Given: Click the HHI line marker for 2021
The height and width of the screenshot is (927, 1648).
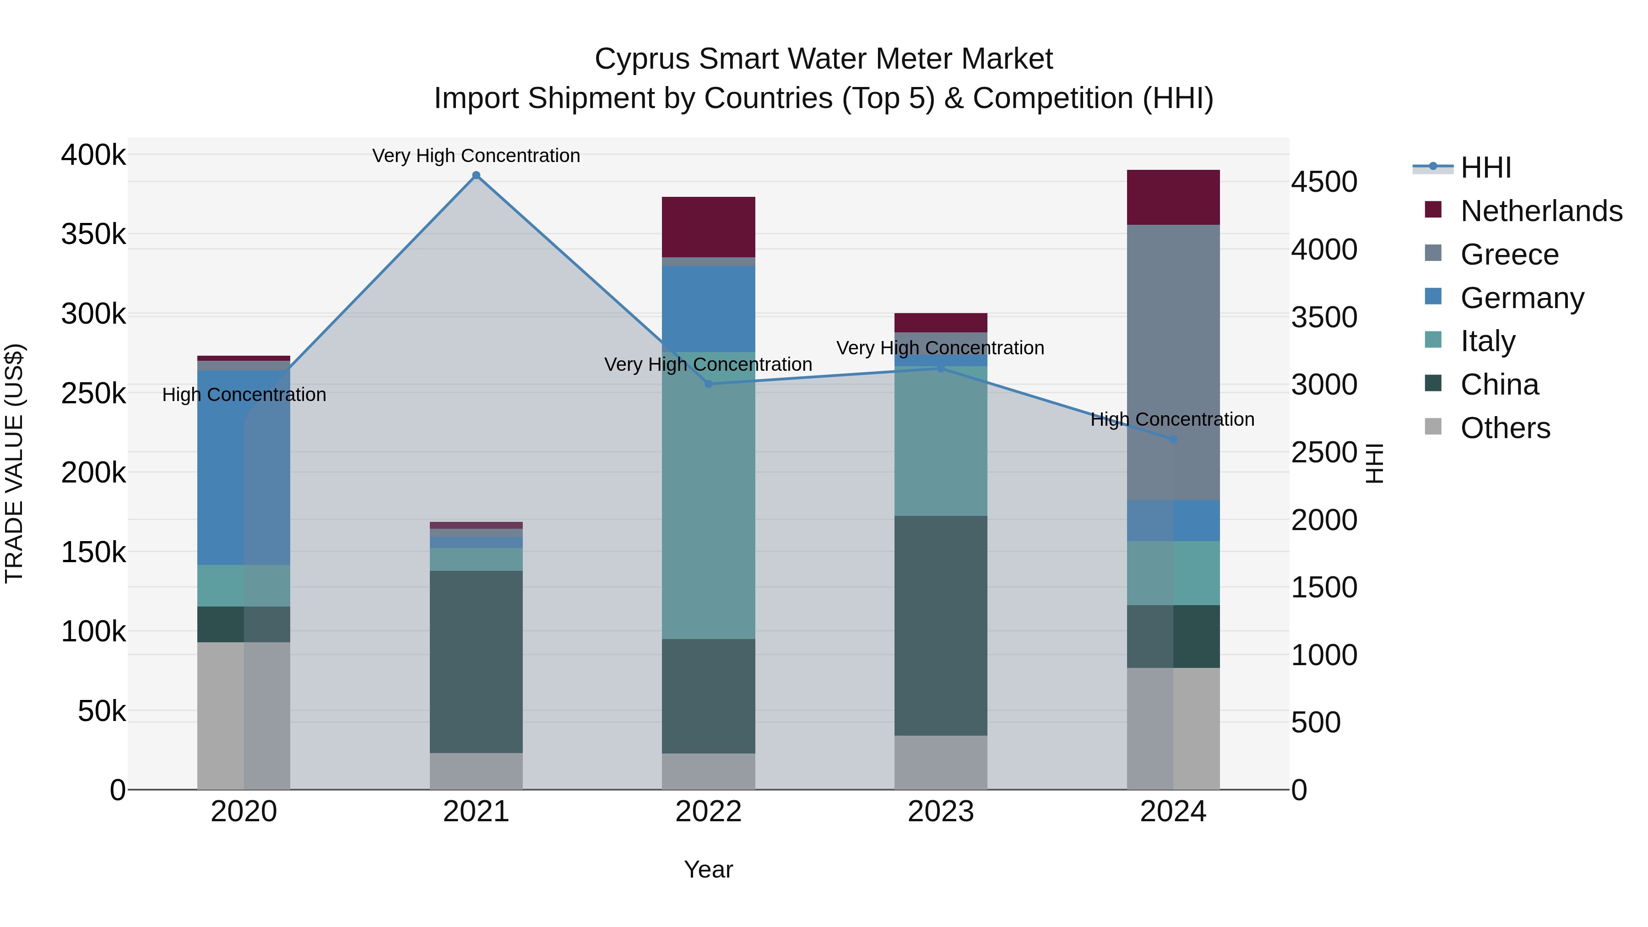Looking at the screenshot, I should click(476, 175).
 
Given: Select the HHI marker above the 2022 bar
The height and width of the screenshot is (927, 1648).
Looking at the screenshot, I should click(708, 384).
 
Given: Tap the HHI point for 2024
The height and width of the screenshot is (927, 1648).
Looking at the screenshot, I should click(1173, 439).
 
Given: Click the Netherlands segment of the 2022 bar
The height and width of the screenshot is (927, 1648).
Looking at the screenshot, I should click(708, 227).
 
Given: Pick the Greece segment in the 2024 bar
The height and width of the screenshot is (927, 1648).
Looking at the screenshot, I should click(1173, 362).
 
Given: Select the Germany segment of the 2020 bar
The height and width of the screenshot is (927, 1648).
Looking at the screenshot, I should click(243, 467).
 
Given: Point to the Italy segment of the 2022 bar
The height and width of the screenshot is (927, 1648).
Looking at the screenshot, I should click(708, 495).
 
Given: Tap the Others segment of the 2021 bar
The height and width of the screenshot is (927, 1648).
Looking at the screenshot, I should click(476, 770).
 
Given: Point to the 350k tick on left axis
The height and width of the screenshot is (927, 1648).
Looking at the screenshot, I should click(93, 234).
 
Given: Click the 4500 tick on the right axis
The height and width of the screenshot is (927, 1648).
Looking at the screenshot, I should click(1323, 182).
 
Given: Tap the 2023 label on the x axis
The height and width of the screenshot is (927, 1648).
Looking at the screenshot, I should click(940, 812).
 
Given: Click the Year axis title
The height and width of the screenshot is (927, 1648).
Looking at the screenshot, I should click(708, 869).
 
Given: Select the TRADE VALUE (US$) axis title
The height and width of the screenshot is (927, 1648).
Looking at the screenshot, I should click(14, 463).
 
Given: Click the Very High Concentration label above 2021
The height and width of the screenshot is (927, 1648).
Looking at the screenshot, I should click(476, 156).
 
